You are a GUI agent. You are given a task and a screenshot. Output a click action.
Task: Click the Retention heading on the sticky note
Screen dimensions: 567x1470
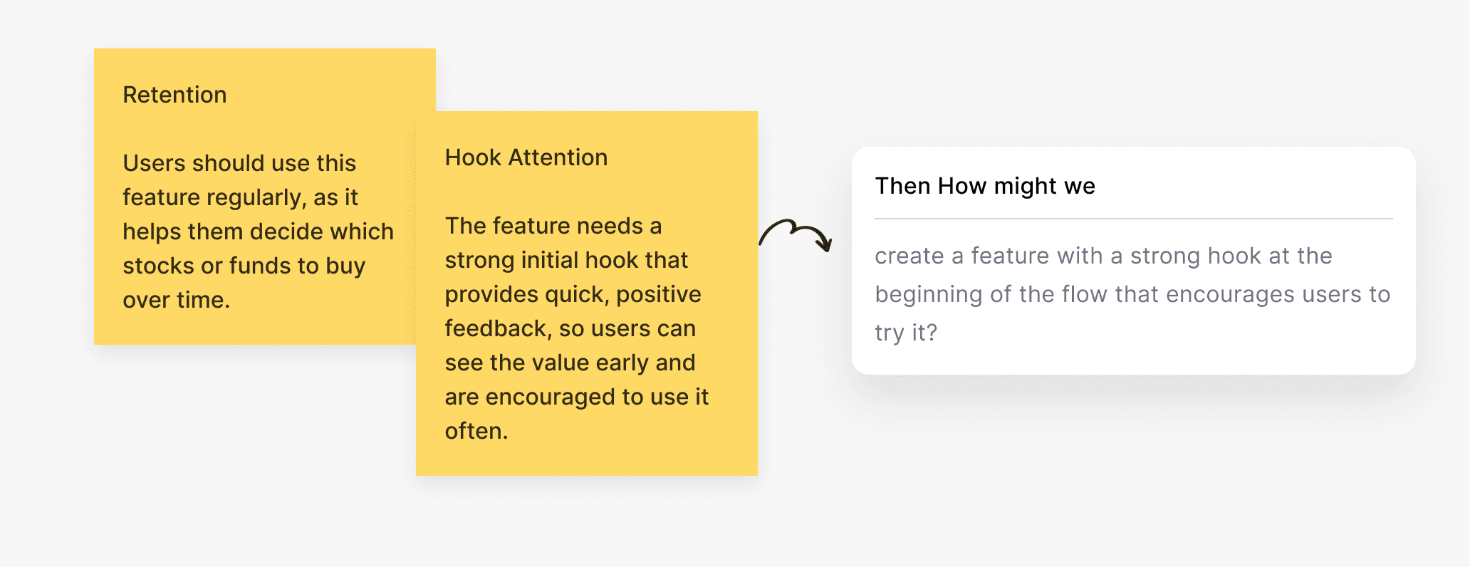[x=174, y=95]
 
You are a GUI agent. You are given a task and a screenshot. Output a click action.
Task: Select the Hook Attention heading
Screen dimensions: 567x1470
[x=526, y=157]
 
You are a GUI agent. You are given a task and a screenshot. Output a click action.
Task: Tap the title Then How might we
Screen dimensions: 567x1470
[x=985, y=186]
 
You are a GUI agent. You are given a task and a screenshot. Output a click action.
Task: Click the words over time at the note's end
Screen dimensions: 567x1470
[x=176, y=300]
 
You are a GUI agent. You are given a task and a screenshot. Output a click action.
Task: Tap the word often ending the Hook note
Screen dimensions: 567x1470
[x=476, y=431]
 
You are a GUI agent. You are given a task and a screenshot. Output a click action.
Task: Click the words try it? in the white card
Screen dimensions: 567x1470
[x=906, y=333]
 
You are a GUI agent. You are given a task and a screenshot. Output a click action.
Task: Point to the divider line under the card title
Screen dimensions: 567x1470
[x=1133, y=219]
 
